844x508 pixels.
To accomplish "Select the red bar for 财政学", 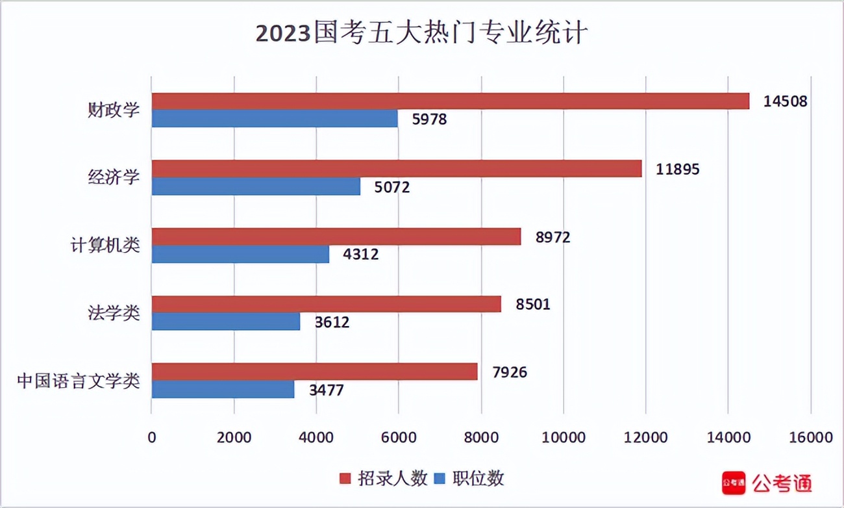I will point(450,101).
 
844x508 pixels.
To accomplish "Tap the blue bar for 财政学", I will point(275,118).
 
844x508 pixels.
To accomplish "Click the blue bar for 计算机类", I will point(240,254).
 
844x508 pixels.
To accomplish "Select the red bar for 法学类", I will point(326,304).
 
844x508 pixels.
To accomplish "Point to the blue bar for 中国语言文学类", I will point(223,389).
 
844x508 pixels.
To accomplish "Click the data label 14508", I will point(785,102).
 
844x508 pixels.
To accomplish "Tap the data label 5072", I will point(392,187).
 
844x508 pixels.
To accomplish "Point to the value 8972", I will point(552,237).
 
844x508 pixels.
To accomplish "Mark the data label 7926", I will point(509,372).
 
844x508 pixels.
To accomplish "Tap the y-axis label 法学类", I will point(114,312).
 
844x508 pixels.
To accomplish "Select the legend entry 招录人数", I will point(383,479).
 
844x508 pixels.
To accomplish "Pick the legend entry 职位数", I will point(469,479).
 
